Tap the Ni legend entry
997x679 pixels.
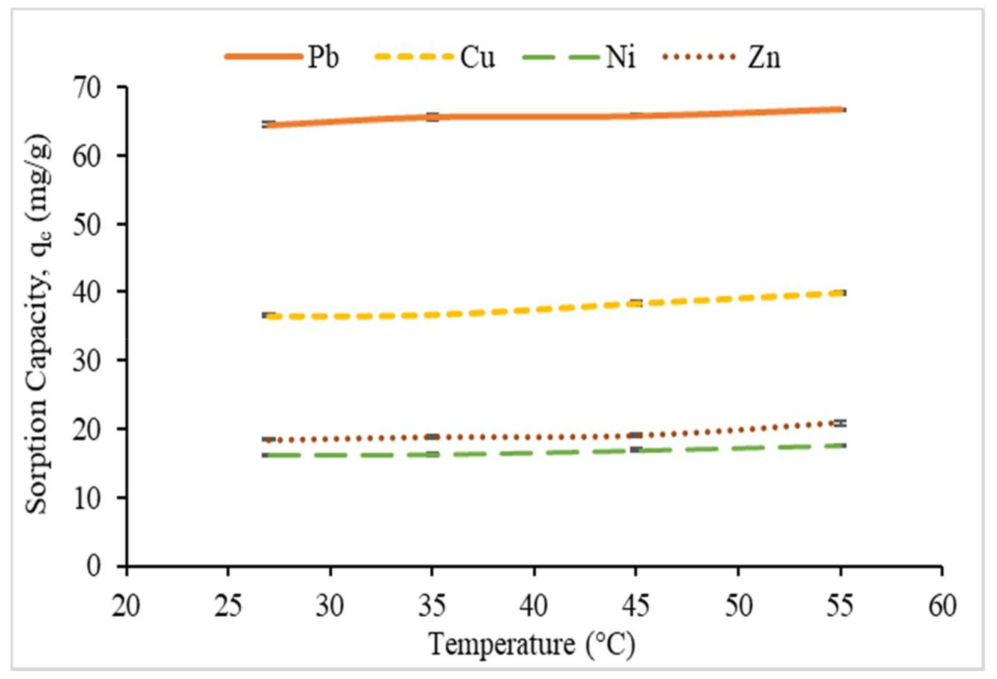point(620,57)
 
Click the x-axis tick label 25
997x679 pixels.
point(228,607)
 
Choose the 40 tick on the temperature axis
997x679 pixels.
point(534,607)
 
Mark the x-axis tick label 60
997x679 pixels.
point(942,607)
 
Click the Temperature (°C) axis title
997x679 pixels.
point(532,644)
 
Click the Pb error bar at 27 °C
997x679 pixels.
point(269,124)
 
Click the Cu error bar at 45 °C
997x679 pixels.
point(636,303)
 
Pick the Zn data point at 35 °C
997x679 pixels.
point(432,437)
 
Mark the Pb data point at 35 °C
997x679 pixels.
point(432,117)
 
